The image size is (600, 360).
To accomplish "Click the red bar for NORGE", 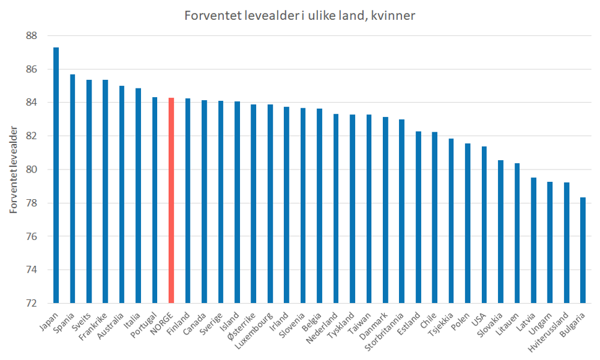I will [x=171, y=200].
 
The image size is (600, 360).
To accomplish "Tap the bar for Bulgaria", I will [x=583, y=250].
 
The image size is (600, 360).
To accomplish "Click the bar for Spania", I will [x=72, y=189].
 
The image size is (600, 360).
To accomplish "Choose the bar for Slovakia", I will [x=500, y=231].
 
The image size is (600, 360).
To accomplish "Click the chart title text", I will [x=299, y=15].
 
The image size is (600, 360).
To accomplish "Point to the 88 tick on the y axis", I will [x=32, y=36].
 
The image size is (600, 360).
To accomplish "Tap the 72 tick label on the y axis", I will [x=32, y=303].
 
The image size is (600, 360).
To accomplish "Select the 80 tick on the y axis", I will [x=32, y=169].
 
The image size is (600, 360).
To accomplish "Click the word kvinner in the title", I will [x=392, y=15].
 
